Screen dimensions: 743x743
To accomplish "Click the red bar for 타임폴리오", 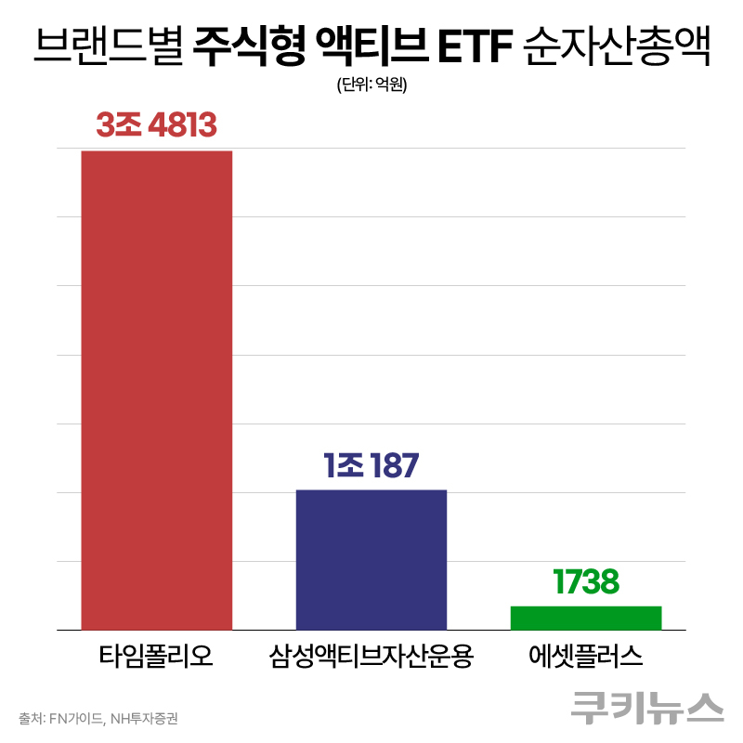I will click(156, 390).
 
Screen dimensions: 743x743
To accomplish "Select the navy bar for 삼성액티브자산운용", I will click(371, 559).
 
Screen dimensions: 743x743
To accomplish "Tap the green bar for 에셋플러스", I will click(585, 618).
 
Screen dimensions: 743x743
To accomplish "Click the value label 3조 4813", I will click(156, 124).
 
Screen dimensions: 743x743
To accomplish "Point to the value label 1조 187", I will click(371, 464).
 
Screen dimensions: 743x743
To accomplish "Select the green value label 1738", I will click(585, 582).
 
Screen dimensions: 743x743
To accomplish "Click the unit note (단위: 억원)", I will click(371, 85).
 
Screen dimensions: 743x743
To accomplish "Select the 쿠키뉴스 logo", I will click(647, 707).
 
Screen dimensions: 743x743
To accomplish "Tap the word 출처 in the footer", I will click(30, 718).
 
